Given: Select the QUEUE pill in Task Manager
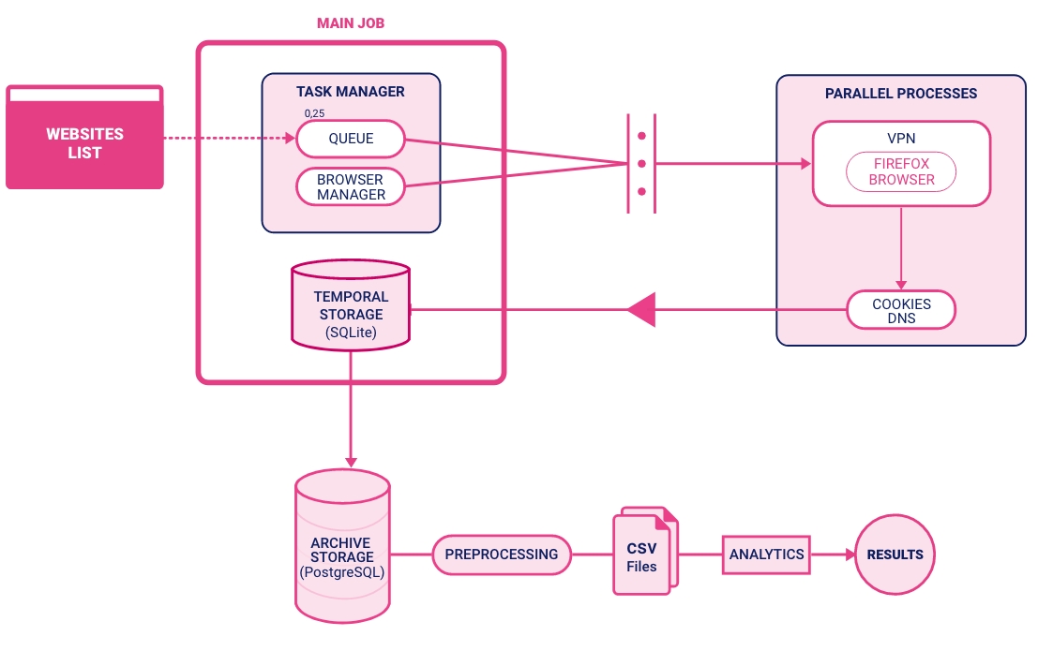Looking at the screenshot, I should tap(351, 139).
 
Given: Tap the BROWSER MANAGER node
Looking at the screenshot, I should tap(351, 187).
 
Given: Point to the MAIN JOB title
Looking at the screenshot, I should tap(351, 22).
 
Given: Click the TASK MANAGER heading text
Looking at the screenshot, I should tap(351, 92).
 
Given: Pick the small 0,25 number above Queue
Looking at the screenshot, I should tap(314, 113).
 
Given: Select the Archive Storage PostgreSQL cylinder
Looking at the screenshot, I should tap(341, 547).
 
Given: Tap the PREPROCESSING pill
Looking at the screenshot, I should tap(502, 555).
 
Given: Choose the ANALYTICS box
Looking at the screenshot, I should tap(766, 555).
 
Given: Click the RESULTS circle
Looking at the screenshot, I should tap(895, 555).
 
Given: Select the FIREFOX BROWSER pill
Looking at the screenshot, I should tap(901, 172).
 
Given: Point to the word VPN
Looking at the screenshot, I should tap(901, 139).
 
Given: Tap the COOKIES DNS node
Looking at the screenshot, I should tap(901, 310).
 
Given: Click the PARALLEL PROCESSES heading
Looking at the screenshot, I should tap(901, 94).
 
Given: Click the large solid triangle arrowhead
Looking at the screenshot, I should tap(642, 310).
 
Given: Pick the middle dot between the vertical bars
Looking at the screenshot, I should tap(641, 164).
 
